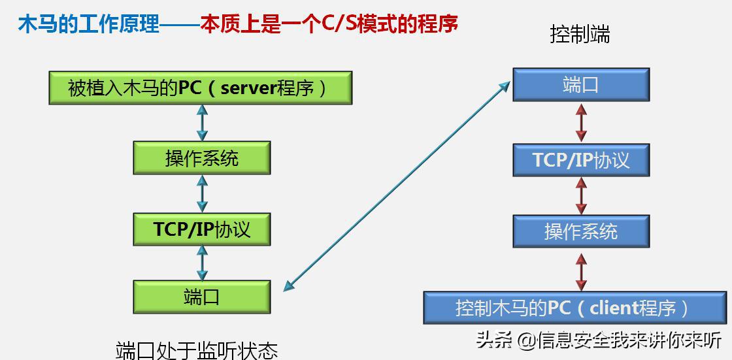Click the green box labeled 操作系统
(x=201, y=158)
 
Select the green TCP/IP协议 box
(x=201, y=229)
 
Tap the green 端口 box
(x=201, y=297)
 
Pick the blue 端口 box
(x=580, y=85)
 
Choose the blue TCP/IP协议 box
(x=580, y=160)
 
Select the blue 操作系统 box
(x=580, y=231)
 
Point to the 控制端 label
(x=580, y=35)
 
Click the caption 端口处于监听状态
(x=197, y=350)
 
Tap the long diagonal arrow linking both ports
(x=397, y=186)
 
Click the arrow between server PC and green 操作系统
(x=202, y=122)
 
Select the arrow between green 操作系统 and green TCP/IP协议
(x=202, y=193)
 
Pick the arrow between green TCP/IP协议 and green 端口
(x=202, y=263)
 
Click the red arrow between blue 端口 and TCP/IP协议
(x=580, y=122)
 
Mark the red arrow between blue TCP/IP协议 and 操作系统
(x=580, y=195)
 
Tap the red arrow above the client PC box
(x=580, y=272)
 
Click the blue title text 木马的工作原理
(x=89, y=25)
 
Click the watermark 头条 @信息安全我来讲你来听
(x=599, y=340)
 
